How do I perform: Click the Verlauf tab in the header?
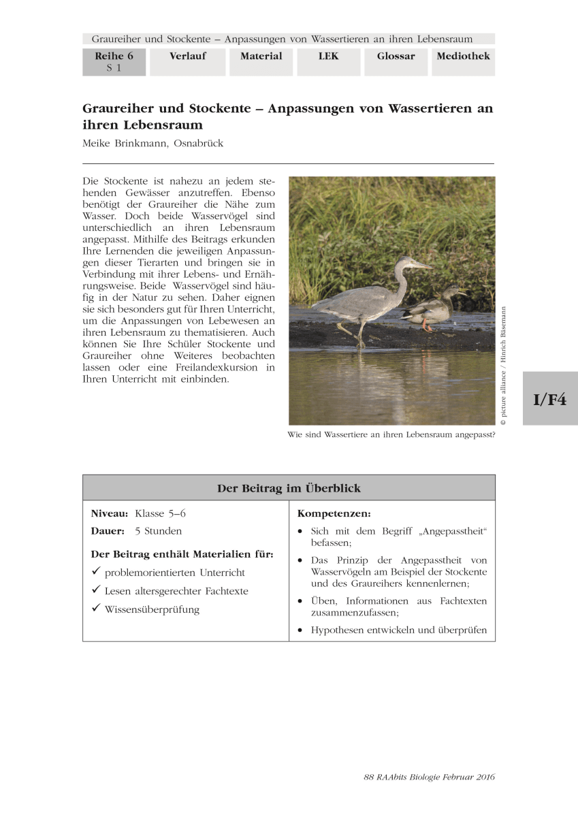point(187,57)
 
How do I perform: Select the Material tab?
point(261,57)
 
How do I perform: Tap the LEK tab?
point(328,57)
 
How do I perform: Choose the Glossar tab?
point(396,57)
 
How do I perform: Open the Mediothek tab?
point(463,57)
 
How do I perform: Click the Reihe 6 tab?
point(114,61)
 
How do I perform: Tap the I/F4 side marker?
point(549,399)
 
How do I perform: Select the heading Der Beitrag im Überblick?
point(289,488)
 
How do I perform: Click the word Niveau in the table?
point(110,513)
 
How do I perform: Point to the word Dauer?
point(108,530)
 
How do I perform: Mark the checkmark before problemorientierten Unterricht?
point(96,572)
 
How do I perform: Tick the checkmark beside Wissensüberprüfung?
point(96,609)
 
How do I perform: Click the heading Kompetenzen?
point(334,513)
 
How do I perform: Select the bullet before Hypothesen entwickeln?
point(301,630)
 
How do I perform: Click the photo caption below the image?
point(391,434)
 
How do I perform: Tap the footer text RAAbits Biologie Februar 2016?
point(429,777)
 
